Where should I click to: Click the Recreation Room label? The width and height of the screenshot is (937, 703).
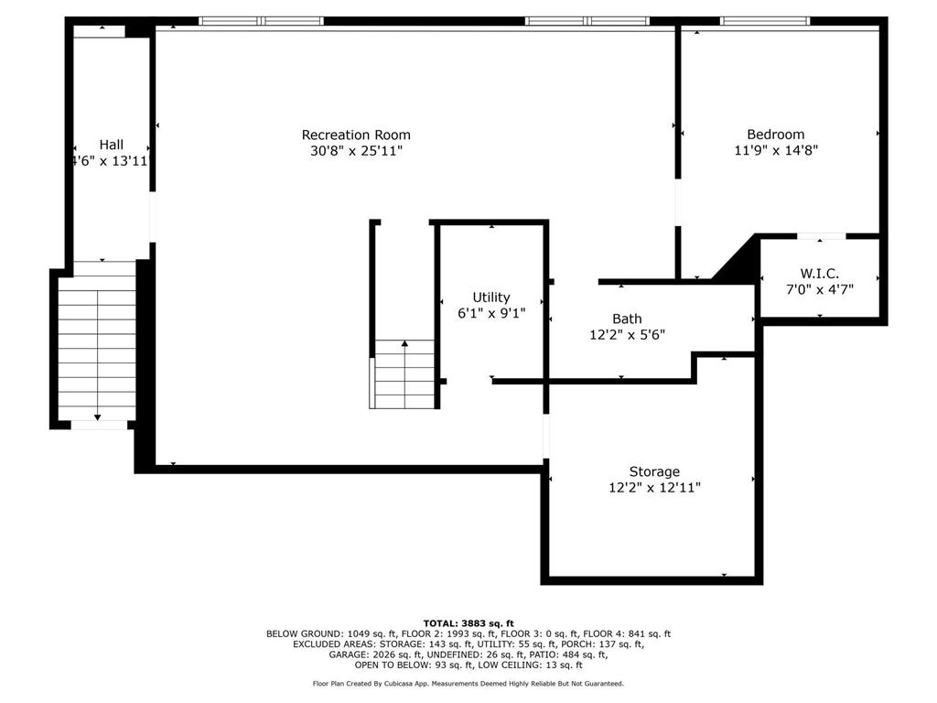[356, 135]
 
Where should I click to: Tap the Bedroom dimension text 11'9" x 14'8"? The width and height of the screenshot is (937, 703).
[776, 150]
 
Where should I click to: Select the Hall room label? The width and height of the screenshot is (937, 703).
[111, 145]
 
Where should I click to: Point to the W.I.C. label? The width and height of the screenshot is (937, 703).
[819, 274]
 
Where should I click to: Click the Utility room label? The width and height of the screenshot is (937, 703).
[491, 297]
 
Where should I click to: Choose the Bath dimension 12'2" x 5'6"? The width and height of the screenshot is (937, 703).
[627, 335]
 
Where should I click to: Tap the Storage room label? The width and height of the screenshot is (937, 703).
[654, 471]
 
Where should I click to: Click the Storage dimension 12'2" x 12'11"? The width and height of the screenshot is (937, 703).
[654, 488]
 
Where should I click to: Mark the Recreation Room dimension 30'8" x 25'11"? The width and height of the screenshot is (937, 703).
[356, 151]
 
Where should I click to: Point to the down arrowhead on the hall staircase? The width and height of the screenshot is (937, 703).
[97, 417]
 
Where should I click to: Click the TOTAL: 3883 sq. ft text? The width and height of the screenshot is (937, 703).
[468, 623]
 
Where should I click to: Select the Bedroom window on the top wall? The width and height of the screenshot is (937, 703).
[764, 21]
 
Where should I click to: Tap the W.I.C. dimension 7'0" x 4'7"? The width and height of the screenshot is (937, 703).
[819, 289]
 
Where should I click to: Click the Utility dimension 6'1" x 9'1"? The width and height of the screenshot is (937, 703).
[491, 313]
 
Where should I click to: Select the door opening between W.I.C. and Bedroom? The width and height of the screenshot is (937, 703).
[822, 237]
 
